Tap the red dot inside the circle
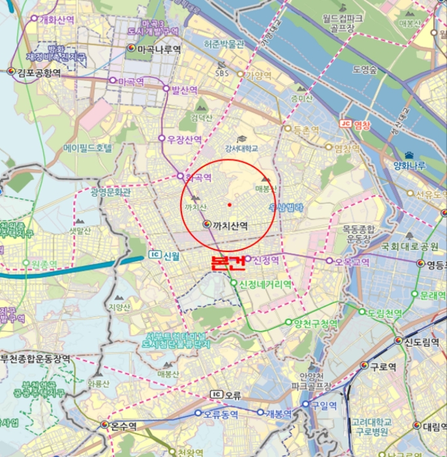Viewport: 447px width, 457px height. coord(230,205)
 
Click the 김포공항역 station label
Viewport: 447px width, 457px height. coord(39,72)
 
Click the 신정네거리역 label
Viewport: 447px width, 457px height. coord(265,284)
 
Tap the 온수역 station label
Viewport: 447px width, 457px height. coord(123,426)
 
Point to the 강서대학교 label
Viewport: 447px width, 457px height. coord(241,149)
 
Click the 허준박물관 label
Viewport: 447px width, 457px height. coord(224,44)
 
